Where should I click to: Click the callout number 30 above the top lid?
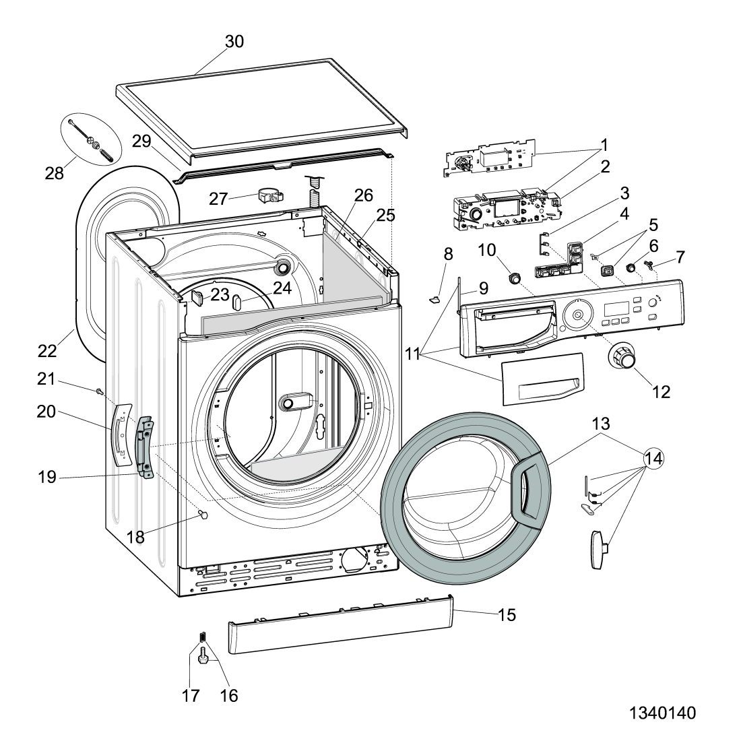pyautogui.click(x=234, y=42)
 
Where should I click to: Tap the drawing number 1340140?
pyautogui.click(x=663, y=713)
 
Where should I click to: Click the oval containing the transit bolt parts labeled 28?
pyautogui.click(x=91, y=140)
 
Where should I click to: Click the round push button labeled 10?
pyautogui.click(x=515, y=277)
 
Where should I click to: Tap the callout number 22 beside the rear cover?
pyautogui.click(x=47, y=351)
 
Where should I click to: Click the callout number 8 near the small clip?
pyautogui.click(x=449, y=255)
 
